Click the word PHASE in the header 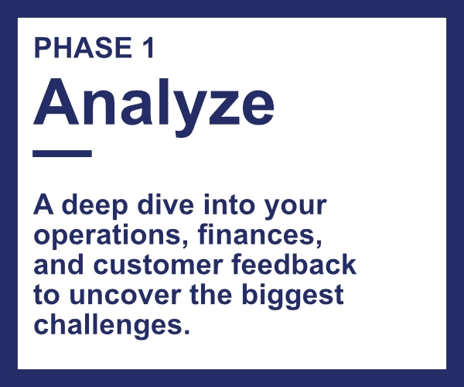[84, 48]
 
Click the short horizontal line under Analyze [62, 153]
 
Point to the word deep [94, 207]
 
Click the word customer [158, 265]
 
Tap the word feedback [294, 264]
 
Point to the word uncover [125, 296]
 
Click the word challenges [111, 325]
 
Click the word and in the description [59, 264]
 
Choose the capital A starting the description [43, 204]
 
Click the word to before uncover [46, 295]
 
